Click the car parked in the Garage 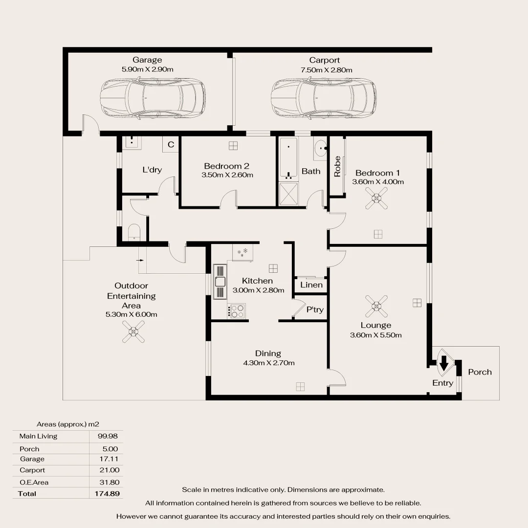153,98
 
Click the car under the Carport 324,98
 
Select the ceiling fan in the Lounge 376,307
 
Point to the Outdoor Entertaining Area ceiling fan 133,331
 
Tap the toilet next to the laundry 134,233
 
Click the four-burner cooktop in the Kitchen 237,311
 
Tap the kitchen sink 220,282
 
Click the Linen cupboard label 311,285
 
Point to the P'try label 315,309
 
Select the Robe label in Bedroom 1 337,166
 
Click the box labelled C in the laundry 171,145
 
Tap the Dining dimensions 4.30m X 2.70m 268,363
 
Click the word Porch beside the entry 480,372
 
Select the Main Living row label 38,436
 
